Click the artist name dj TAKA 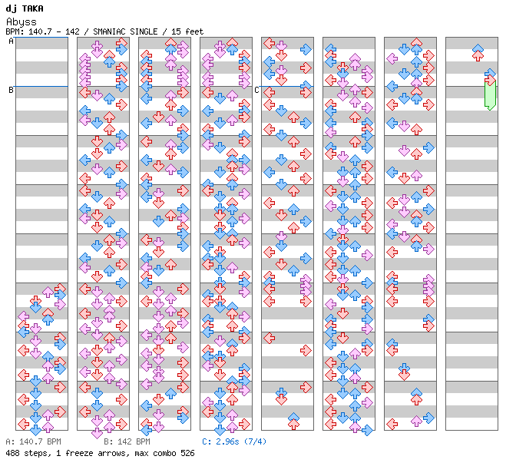point(25,8)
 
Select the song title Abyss point(21,22)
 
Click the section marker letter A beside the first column point(11,41)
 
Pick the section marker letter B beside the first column point(11,90)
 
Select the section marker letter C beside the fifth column point(256,90)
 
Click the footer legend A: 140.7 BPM point(34,441)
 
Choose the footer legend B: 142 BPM point(127,441)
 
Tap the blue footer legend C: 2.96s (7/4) point(234,441)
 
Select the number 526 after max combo point(187,453)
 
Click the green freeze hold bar point(490,95)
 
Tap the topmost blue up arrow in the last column point(478,48)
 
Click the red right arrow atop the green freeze point(491,80)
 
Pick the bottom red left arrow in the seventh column point(392,424)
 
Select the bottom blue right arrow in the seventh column point(428,418)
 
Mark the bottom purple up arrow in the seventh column point(417,421)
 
